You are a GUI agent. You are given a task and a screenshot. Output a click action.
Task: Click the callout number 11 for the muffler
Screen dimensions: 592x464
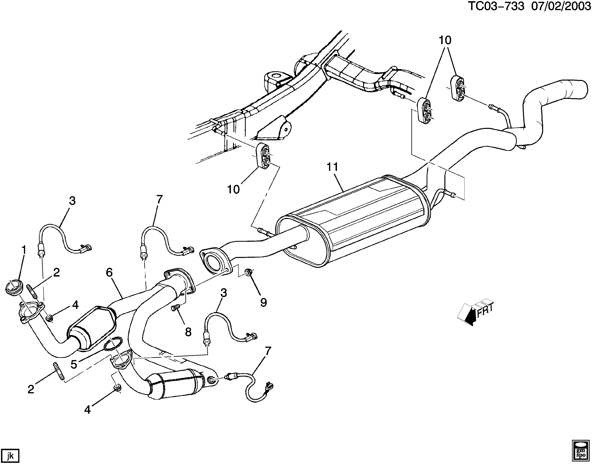[x=332, y=167]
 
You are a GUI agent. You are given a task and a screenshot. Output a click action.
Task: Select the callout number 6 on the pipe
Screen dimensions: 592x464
[x=109, y=272]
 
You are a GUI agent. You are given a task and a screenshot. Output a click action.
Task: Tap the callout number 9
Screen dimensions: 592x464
[x=263, y=302]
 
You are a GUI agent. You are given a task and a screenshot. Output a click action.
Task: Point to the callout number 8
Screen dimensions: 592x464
[x=188, y=332]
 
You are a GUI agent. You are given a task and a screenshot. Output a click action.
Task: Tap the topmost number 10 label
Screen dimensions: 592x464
[x=445, y=40]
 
